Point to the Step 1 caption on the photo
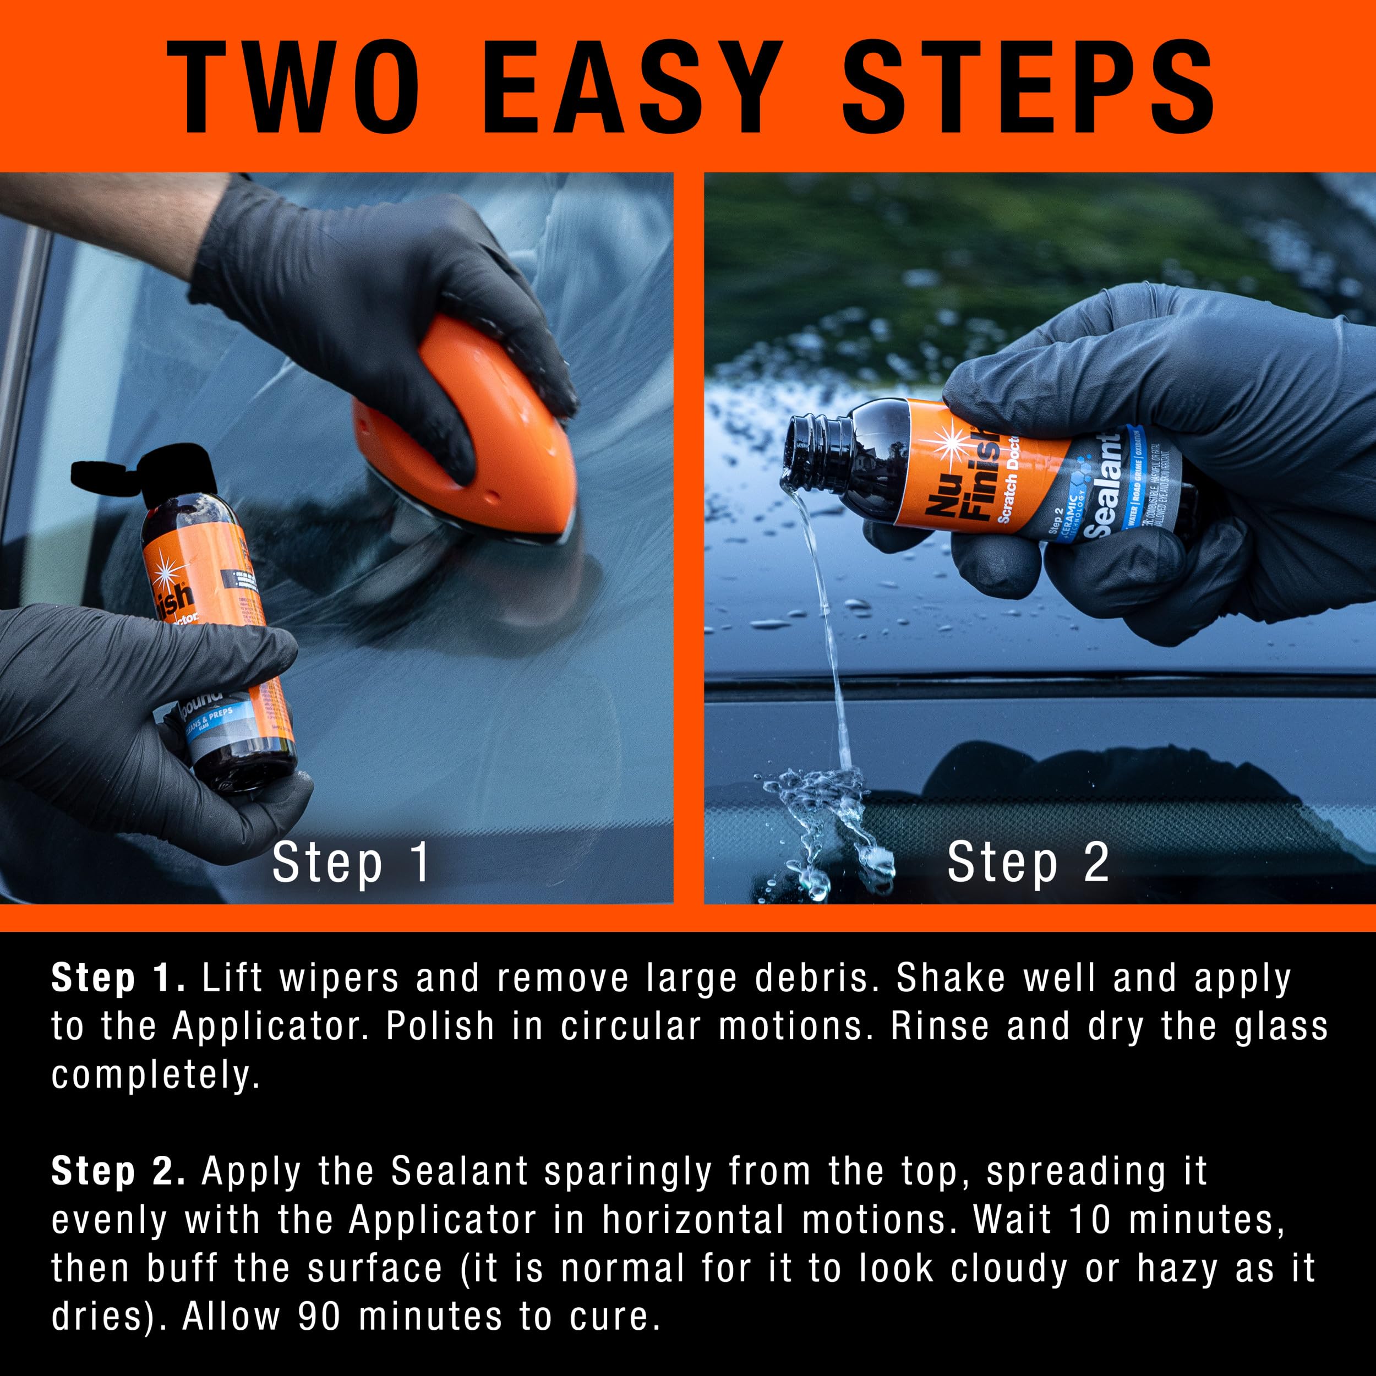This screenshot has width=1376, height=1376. (351, 862)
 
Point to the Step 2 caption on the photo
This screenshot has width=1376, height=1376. (1028, 862)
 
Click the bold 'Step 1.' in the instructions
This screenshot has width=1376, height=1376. (118, 979)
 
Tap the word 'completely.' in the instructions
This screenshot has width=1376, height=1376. (155, 1075)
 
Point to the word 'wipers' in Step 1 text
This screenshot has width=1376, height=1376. (339, 979)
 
